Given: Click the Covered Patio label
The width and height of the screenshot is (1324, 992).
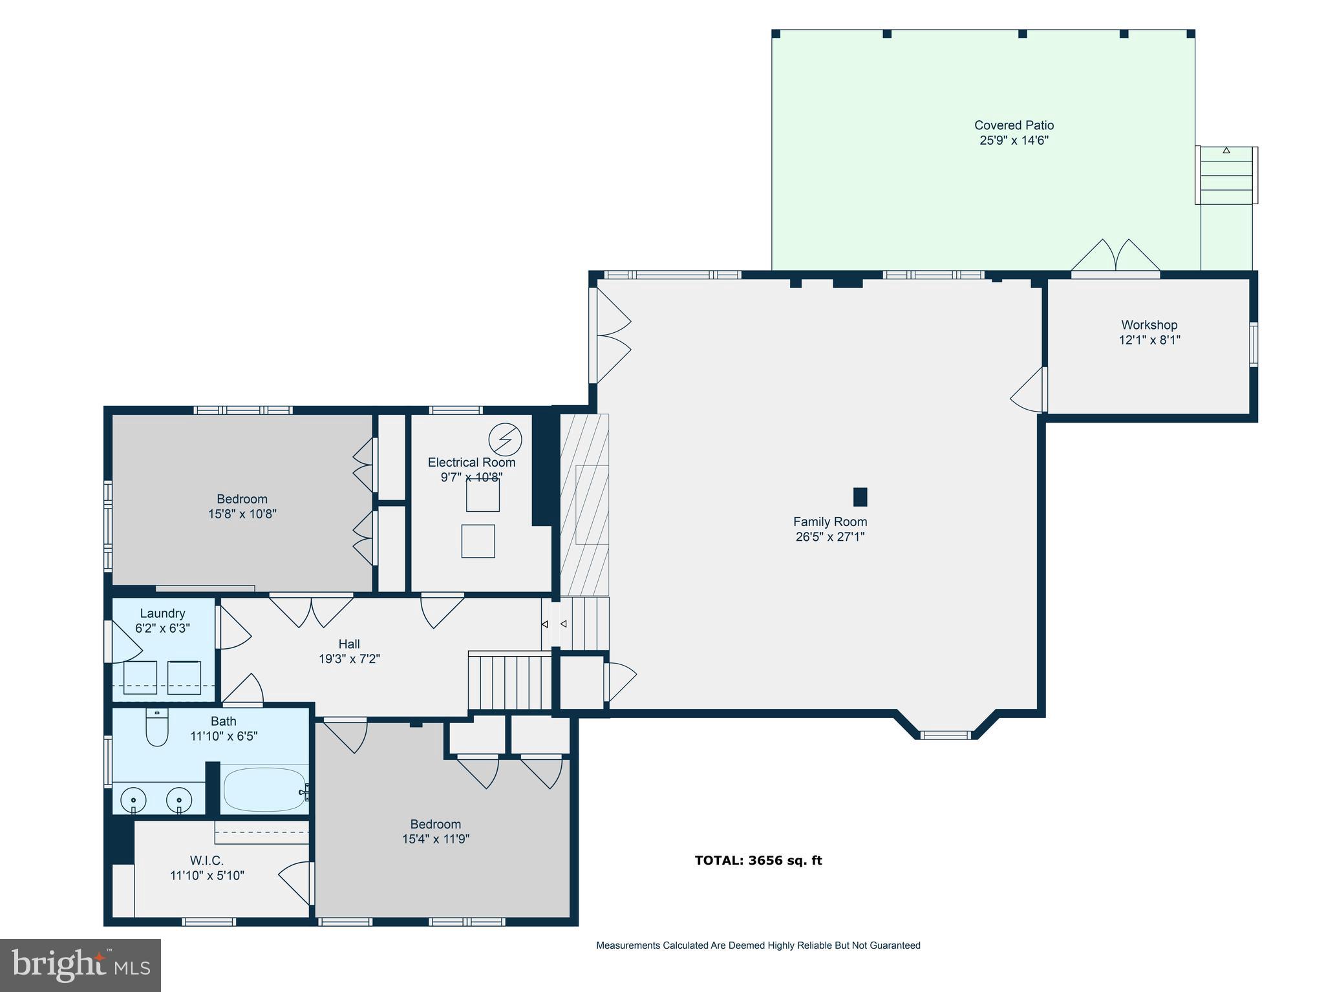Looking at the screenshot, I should [x=1014, y=125].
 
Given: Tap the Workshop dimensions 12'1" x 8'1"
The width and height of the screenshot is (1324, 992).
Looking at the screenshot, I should [x=1149, y=340].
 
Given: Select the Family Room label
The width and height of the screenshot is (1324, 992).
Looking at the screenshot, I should [x=829, y=522].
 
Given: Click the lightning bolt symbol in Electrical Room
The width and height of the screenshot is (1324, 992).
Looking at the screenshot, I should [x=505, y=439].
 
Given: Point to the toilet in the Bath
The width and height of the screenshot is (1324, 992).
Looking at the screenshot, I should [x=156, y=728].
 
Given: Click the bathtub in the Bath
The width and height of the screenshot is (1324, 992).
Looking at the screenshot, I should [x=265, y=790].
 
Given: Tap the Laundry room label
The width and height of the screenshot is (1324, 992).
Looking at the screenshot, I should [x=162, y=613].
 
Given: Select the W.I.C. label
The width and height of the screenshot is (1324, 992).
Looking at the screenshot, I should [x=206, y=861].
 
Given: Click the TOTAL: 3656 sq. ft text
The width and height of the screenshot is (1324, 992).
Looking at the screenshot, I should [x=758, y=860].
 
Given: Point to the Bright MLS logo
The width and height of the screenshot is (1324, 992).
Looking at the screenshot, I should [x=80, y=965].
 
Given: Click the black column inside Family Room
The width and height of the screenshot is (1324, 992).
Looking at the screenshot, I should [x=860, y=497].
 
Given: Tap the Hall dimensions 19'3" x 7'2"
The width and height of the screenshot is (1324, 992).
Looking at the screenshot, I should [x=349, y=659].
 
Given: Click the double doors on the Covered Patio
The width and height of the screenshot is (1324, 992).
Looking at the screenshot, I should [x=1115, y=257].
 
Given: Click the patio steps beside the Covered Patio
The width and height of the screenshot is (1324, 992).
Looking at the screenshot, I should [x=1226, y=176].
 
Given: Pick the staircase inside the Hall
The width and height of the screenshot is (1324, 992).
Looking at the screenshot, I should [x=509, y=682].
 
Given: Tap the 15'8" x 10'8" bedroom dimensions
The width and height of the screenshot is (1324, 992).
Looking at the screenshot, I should [x=242, y=514].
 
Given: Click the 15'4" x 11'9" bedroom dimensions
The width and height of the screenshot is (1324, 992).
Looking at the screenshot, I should [x=435, y=839].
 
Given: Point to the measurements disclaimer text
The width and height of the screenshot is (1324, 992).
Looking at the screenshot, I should [x=758, y=945].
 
